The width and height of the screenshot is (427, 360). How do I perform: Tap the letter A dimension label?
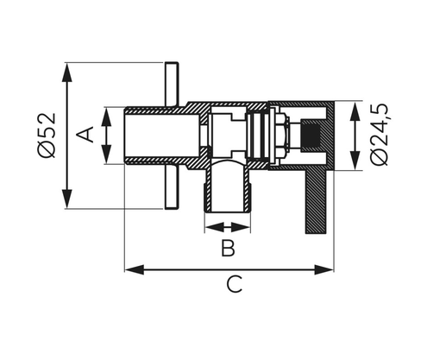86,135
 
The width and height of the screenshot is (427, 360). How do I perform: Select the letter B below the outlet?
227,249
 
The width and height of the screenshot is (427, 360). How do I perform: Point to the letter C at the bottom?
233,286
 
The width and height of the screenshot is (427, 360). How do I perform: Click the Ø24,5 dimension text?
380,136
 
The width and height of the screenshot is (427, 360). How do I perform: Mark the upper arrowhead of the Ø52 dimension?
66,68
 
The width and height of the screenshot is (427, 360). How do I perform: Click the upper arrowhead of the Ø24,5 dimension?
355,107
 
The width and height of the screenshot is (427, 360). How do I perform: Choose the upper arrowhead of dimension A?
107,112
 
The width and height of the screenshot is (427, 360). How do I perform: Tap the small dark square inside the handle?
311,135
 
